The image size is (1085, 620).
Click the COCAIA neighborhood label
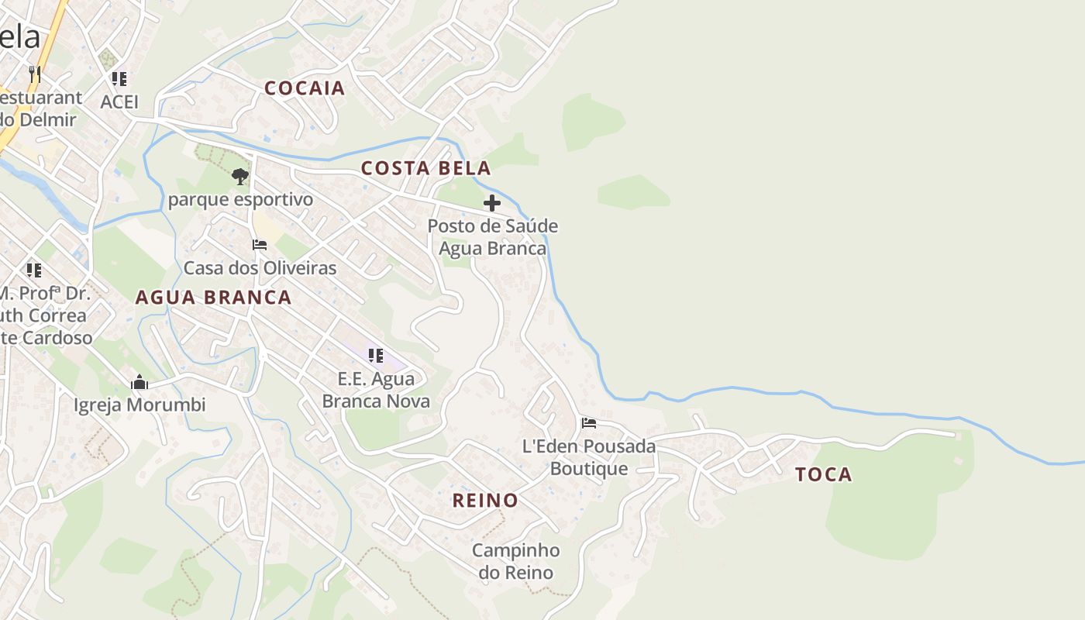305,88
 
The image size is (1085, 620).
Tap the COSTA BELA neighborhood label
426,168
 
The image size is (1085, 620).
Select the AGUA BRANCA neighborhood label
213,298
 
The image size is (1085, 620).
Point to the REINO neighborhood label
485,501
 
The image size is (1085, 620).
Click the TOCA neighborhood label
824,474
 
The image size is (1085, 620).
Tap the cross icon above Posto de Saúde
492,203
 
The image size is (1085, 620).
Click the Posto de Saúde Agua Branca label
493,237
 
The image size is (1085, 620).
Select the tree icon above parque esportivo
240,176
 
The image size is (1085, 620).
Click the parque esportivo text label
240,200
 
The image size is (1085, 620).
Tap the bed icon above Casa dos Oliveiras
260,245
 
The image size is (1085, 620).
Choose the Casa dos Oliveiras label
260,268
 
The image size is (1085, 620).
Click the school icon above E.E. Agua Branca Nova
376,356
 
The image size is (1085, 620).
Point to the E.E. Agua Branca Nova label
376,390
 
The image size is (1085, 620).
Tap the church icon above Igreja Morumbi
139,382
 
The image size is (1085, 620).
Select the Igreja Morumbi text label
139,405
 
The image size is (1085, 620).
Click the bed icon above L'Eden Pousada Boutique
589,423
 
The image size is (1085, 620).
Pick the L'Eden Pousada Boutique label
589,457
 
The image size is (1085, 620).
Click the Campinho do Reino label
516,562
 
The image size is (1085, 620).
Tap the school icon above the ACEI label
119,78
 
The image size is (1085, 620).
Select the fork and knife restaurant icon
34,74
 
